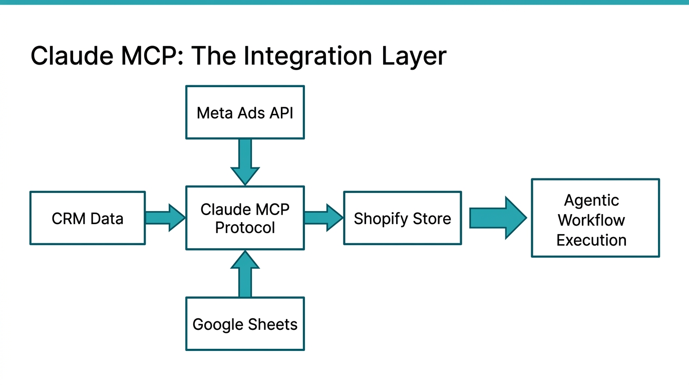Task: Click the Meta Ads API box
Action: click(245, 112)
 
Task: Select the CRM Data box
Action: click(87, 218)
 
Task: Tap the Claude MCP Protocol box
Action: click(245, 218)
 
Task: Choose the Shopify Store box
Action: click(402, 218)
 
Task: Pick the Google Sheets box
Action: click(245, 324)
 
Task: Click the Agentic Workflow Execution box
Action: click(595, 218)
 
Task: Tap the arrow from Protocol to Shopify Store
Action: click(323, 218)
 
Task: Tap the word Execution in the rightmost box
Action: click(591, 240)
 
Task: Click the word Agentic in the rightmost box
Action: click(591, 200)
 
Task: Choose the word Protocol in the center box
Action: click(245, 228)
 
